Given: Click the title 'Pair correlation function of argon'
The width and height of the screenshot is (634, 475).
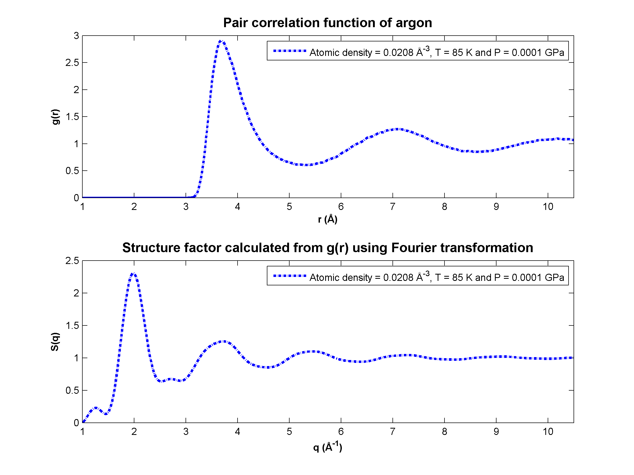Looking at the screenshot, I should pos(328,23).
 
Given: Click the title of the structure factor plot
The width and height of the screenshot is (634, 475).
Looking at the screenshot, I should pos(328,248).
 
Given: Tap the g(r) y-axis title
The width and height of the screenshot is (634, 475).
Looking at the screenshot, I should pos(56,117).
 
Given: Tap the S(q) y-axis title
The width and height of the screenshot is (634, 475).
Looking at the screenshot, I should pos(55,342).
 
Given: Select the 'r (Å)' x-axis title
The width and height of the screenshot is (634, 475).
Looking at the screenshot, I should pos(328,219).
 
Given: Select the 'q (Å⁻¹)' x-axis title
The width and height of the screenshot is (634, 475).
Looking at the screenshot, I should pos(328,447).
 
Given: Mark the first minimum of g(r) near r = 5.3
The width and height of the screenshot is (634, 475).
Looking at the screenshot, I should pos(306,165).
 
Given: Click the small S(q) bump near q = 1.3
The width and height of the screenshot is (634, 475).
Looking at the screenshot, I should pos(96,408).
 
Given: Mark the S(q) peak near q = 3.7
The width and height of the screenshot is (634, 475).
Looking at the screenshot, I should pos(223,342).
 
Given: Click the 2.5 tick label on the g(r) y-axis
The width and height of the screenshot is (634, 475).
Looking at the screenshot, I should pos(72,63).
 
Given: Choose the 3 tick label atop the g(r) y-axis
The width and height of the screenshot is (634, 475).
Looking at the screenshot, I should pos(76,36).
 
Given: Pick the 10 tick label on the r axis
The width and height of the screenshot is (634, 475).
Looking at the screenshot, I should pos(548,207).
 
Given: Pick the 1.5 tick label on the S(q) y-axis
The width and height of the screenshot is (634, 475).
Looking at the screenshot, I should pos(72,325).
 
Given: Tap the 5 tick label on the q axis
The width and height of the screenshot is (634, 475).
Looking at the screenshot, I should pos(289,431).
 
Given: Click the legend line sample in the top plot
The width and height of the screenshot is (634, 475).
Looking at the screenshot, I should pos(290,51).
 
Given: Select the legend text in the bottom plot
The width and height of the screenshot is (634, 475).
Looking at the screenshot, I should pos(437,277).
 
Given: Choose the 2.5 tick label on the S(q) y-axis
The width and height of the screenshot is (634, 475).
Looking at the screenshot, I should pos(72,261).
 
